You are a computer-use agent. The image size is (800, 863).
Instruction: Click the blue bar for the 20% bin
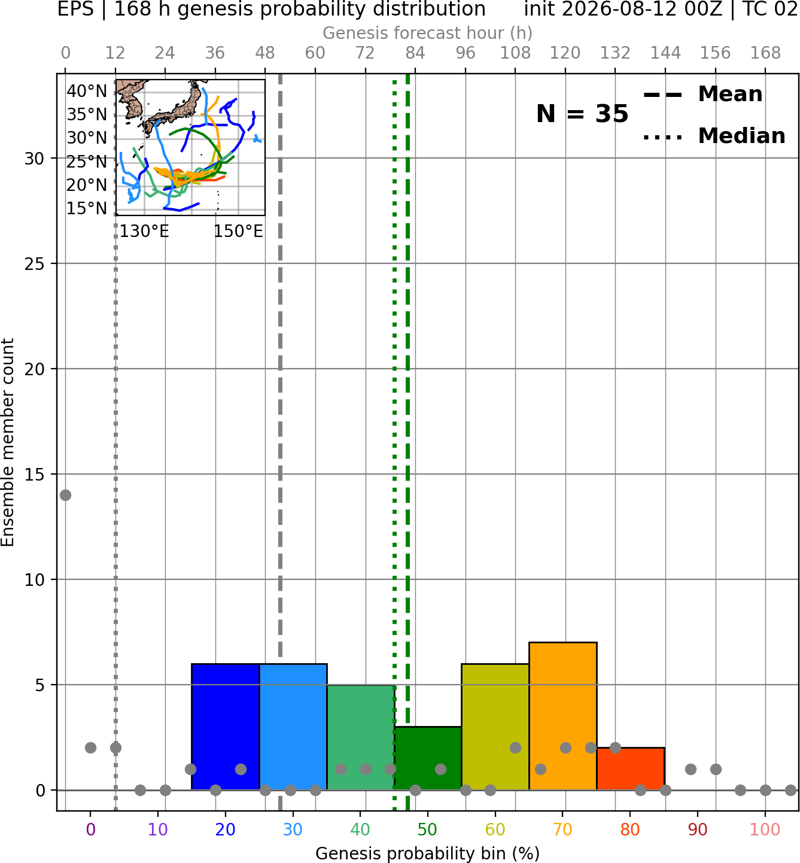coord(225,727)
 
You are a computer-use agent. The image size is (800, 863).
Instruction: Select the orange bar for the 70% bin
coord(562,716)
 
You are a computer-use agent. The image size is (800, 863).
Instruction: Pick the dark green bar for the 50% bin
coord(428,758)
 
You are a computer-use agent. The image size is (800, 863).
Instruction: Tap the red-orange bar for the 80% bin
coord(631,768)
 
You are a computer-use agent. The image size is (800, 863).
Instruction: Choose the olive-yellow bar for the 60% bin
coord(495,727)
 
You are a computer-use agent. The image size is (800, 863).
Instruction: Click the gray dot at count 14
coord(65,495)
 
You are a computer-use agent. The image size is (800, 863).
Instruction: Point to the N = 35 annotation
coord(582,114)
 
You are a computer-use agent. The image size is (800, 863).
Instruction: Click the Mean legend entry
coord(702,94)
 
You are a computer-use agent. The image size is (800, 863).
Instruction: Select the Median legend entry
coord(714,136)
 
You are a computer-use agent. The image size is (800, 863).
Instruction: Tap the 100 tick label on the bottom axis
coord(765,829)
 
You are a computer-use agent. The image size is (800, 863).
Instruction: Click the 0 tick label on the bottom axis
coord(90,829)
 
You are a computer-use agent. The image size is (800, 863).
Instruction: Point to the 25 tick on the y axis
coord(34,264)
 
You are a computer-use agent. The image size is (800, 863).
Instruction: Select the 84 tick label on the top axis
coord(415,53)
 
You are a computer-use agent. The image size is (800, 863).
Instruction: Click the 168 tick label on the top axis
coord(765,53)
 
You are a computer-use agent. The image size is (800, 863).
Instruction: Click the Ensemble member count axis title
coord(7,442)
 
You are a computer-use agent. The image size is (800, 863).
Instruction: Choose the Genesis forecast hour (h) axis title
coord(428,33)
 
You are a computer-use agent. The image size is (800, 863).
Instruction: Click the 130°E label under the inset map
coord(144,231)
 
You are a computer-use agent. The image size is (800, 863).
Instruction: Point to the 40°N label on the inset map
coord(87,91)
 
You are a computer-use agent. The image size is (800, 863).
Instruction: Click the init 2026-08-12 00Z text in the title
coord(623,9)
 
